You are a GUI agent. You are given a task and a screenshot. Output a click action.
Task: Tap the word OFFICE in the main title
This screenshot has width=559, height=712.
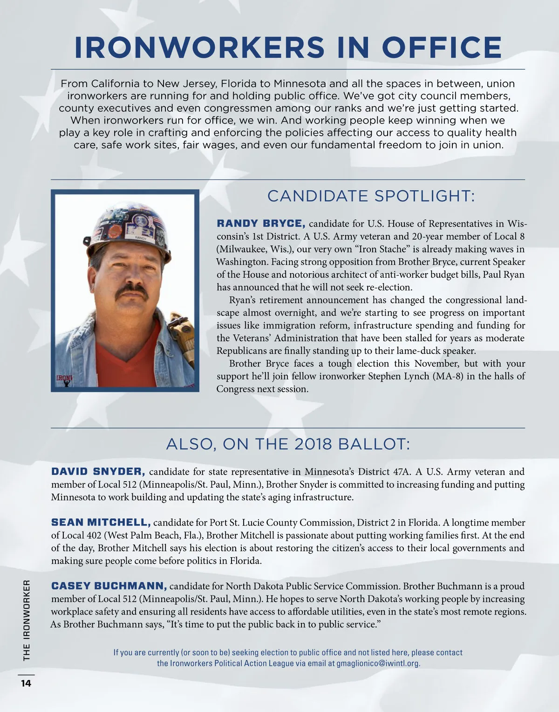coord(442,47)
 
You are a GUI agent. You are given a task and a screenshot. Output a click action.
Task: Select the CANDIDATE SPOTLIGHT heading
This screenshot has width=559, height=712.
coord(371,196)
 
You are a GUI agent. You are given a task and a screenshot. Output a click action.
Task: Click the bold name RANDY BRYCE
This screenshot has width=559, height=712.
coord(261,223)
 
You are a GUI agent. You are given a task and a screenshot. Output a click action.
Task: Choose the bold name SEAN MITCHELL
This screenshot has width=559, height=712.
coord(101,522)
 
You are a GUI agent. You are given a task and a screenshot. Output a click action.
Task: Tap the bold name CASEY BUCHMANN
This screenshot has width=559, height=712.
coord(109,586)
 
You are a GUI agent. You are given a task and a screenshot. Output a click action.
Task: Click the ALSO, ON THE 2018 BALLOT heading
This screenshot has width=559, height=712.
coord(288,444)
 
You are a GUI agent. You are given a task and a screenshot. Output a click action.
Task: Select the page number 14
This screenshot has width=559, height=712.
coord(26,683)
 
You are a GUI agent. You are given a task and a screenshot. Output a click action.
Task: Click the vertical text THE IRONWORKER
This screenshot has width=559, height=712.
coord(27,620)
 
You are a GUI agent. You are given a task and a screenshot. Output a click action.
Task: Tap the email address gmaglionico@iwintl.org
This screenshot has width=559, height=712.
coord(378,663)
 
